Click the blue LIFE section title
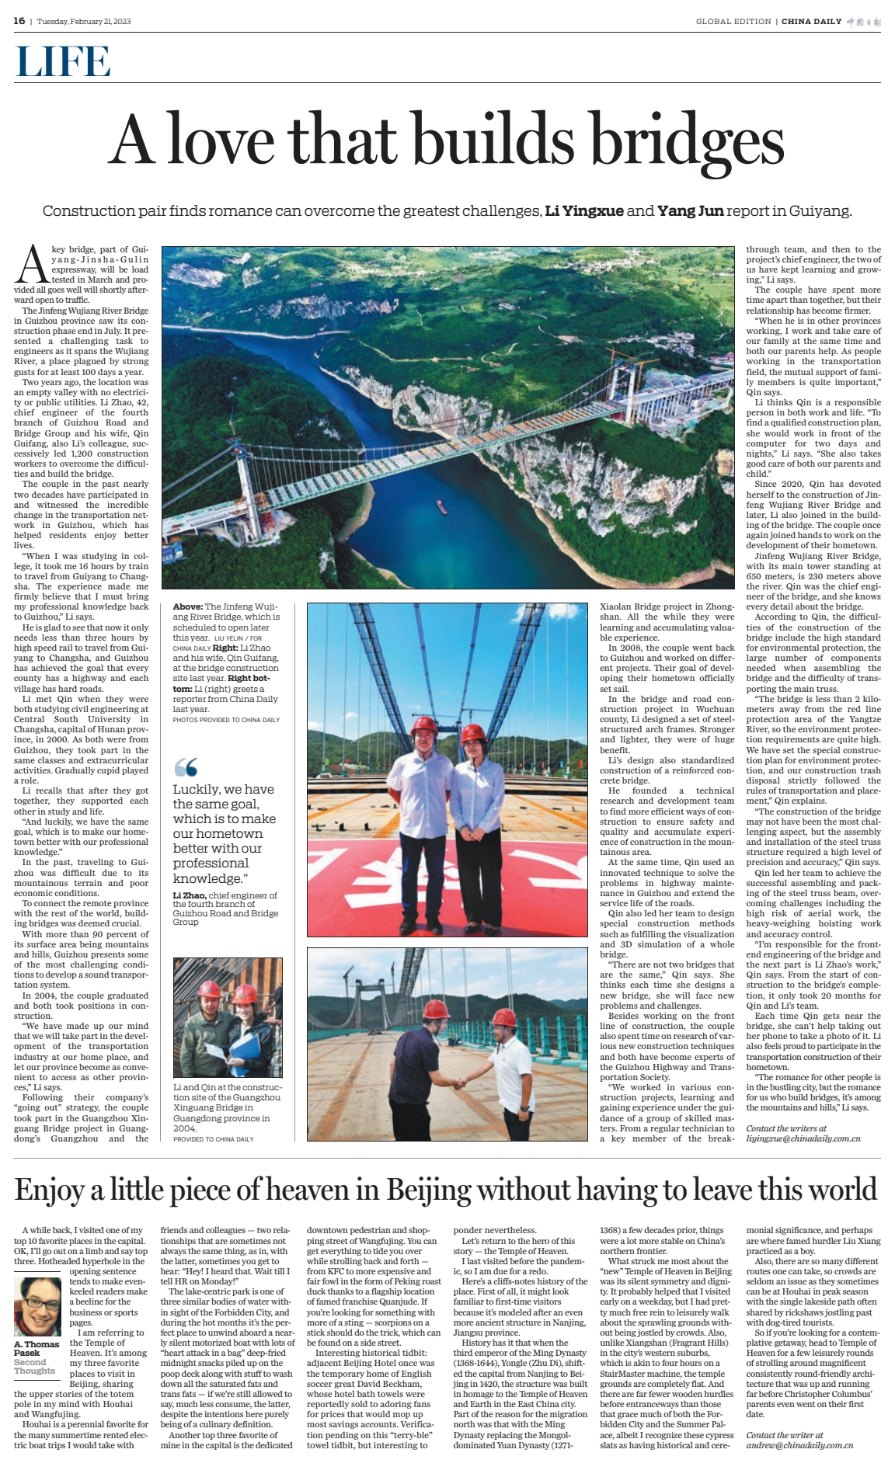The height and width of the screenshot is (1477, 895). [63, 62]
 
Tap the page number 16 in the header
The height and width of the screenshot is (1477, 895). [19, 21]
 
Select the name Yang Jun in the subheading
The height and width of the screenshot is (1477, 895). [690, 211]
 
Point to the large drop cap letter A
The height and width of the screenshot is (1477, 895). [32, 265]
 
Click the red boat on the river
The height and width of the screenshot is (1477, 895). [442, 506]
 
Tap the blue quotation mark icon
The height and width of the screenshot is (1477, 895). [186, 767]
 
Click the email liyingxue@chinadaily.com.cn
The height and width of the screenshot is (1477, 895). [803, 1138]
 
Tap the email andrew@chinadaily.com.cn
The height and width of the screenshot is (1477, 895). [799, 1445]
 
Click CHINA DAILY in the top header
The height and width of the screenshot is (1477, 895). [811, 22]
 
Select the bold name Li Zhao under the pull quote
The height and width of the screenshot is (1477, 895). [189, 895]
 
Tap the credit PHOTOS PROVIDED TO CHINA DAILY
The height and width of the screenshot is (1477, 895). [226, 720]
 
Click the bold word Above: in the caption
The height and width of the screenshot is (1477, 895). [188, 606]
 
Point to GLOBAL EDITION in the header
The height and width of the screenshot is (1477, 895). [733, 22]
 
